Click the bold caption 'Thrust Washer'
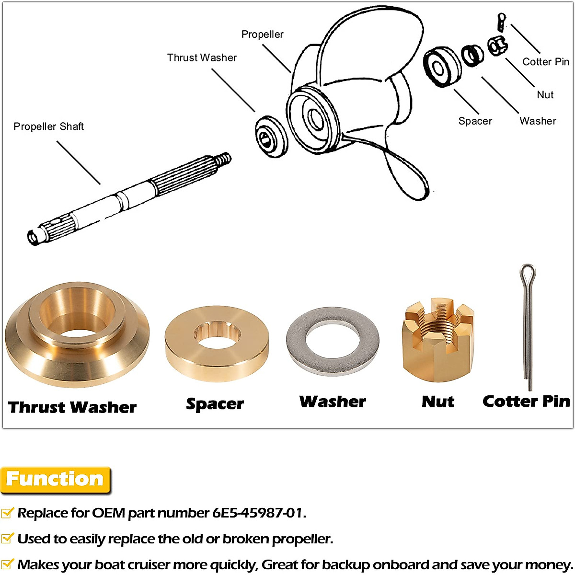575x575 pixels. click(72, 407)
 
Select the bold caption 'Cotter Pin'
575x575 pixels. click(526, 401)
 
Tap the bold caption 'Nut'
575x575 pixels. click(438, 402)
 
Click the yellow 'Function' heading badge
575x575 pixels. click(55, 480)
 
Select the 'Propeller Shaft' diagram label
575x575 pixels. click(48, 126)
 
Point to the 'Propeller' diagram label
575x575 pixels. click(262, 34)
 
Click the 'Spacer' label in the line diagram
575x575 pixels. click(475, 121)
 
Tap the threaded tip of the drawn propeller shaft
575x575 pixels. click(223, 159)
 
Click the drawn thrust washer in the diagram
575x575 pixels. click(270, 137)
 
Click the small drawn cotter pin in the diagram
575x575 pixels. click(501, 22)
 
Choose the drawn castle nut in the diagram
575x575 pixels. click(497, 46)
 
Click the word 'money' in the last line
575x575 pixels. click(549, 565)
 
